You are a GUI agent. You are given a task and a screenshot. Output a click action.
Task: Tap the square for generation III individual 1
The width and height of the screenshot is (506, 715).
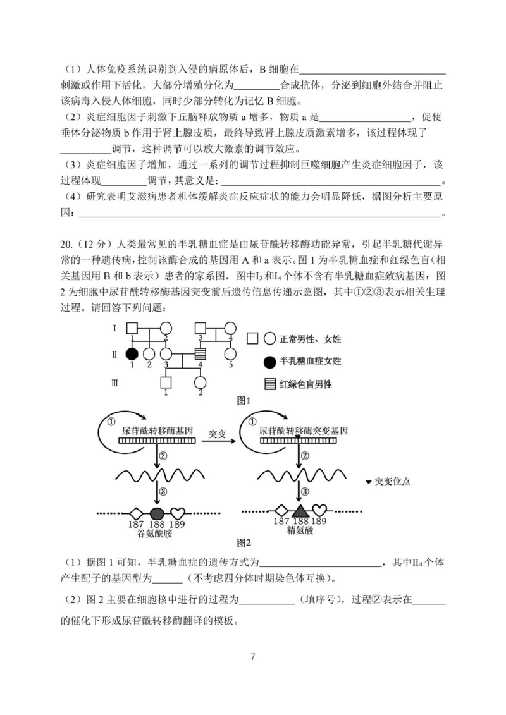coord(166,382)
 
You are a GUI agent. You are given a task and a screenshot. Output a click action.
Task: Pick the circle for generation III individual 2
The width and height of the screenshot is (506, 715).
coord(201,382)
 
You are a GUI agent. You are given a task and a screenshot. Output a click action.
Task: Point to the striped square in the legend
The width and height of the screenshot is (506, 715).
coord(268,384)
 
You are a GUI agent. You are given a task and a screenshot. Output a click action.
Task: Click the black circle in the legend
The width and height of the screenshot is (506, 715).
coord(268,361)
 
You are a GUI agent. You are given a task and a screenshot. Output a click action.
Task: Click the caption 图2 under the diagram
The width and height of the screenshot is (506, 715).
coord(244,542)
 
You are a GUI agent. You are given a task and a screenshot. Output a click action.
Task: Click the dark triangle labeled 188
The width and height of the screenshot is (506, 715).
coord(300,511)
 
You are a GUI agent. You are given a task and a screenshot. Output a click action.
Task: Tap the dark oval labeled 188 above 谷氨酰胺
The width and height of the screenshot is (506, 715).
coord(157,512)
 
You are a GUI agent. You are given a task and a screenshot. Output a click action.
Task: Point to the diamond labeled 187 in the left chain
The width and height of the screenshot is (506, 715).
coord(135,512)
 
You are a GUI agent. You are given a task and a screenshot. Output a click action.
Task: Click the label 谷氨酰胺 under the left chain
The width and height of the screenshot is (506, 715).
coord(155,533)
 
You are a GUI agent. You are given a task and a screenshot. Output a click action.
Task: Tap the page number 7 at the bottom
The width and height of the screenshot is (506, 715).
coord(252,656)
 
